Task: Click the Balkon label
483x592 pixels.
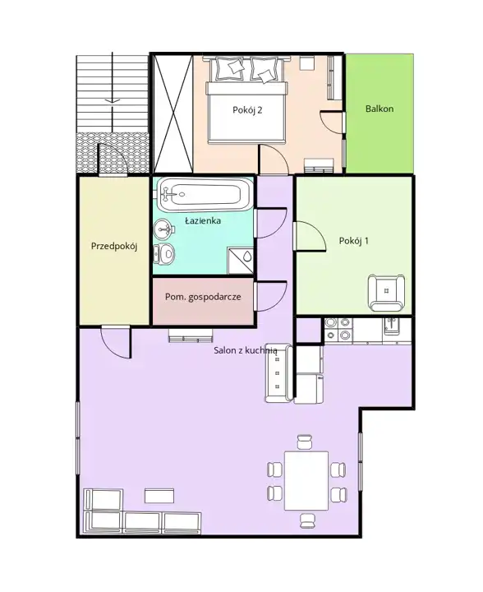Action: pos(379,109)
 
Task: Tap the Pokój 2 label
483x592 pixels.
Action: pos(247,110)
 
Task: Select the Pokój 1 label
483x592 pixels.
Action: pos(354,241)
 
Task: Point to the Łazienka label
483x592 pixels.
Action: pos(203,220)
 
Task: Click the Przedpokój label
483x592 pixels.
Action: pos(114,247)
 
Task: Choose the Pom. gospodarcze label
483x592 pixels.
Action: pos(203,297)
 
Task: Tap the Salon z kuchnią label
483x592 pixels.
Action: pos(246,350)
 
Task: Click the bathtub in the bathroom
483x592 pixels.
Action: pos(205,195)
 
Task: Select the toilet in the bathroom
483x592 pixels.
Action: pos(163,253)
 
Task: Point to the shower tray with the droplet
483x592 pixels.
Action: pos(240,261)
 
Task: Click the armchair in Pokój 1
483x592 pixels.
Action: pos(386,293)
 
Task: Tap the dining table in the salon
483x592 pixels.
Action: pos(306,481)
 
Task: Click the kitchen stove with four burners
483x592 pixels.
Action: pos(338,330)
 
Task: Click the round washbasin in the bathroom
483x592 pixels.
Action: pos(163,229)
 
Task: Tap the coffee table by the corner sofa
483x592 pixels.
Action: pos(159,496)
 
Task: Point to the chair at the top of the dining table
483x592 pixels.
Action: pos(305,442)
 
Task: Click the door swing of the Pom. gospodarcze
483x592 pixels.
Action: pos(271,297)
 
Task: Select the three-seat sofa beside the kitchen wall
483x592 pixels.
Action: pos(278,373)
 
